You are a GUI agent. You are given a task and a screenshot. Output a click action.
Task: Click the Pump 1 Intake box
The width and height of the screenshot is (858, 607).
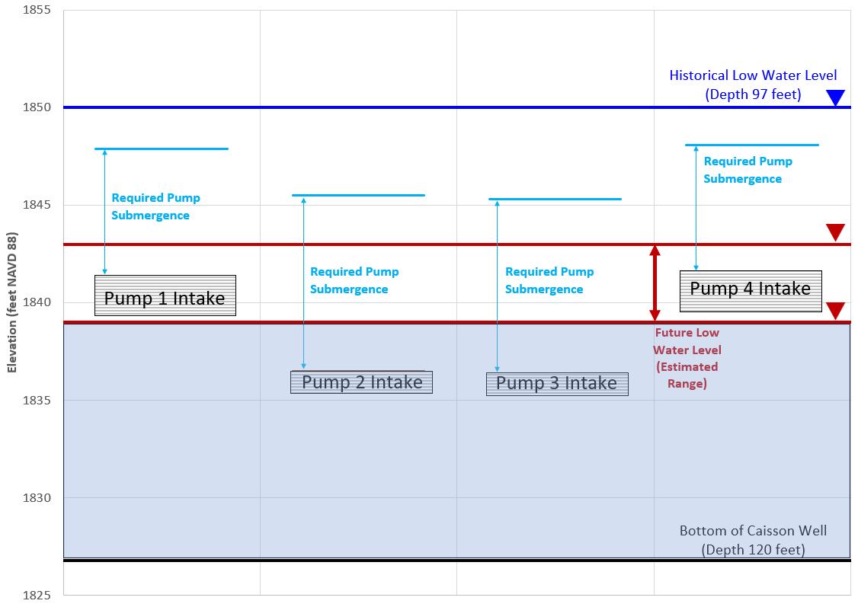(165, 296)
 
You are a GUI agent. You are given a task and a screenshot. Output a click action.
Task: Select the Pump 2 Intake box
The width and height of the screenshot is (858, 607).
(361, 382)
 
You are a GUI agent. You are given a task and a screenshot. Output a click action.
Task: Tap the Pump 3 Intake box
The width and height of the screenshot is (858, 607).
(557, 383)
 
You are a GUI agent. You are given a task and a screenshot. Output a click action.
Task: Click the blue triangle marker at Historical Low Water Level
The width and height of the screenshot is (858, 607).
(836, 97)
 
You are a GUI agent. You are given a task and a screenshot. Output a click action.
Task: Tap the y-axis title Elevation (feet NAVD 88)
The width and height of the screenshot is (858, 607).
(12, 302)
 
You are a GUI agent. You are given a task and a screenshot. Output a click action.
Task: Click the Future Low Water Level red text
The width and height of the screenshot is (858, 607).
(687, 358)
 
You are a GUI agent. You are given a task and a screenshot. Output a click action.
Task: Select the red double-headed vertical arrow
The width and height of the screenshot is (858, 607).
(655, 283)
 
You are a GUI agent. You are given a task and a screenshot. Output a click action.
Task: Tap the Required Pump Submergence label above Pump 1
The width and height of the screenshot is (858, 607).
(155, 206)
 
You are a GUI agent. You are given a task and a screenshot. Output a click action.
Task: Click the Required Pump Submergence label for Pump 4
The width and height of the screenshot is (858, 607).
(747, 170)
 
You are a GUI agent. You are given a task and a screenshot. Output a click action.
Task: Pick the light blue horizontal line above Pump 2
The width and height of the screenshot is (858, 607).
(358, 196)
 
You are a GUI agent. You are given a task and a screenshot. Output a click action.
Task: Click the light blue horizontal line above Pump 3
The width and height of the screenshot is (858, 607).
(555, 200)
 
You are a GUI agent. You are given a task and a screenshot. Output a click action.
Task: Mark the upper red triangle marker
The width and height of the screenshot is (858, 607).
(836, 232)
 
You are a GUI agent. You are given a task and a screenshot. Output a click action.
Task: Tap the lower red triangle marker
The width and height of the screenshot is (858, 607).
(836, 311)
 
